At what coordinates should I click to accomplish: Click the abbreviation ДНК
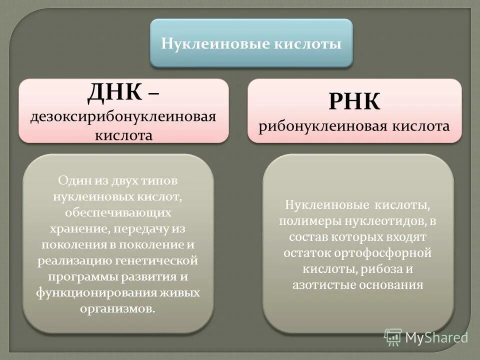(114, 92)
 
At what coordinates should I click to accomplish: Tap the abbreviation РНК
(354, 102)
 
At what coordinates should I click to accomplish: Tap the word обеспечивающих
(118, 212)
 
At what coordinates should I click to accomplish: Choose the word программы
(80, 276)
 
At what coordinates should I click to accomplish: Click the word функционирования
(85, 292)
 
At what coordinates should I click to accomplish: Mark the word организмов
(117, 308)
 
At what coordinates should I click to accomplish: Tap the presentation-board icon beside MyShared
(393, 337)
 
